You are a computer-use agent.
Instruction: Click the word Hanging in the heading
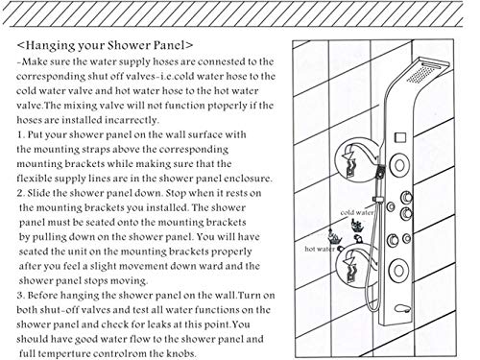pyautogui.click(x=48, y=45)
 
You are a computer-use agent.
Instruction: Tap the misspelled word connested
pyautogui.click(x=220, y=61)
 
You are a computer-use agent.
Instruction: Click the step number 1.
pyautogui.click(x=20, y=134)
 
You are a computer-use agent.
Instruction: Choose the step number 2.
pyautogui.click(x=21, y=193)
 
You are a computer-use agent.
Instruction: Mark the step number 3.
pyautogui.click(x=21, y=295)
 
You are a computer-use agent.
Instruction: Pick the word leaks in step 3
pyautogui.click(x=158, y=324)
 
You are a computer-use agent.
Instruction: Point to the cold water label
pyautogui.click(x=357, y=212)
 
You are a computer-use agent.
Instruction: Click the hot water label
pyautogui.click(x=320, y=249)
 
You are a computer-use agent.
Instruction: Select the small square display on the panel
pyautogui.click(x=400, y=138)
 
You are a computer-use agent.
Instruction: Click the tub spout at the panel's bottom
pyautogui.click(x=402, y=308)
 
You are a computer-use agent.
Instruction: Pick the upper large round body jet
pyautogui.click(x=399, y=165)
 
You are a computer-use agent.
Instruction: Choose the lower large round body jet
pyautogui.click(x=398, y=271)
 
